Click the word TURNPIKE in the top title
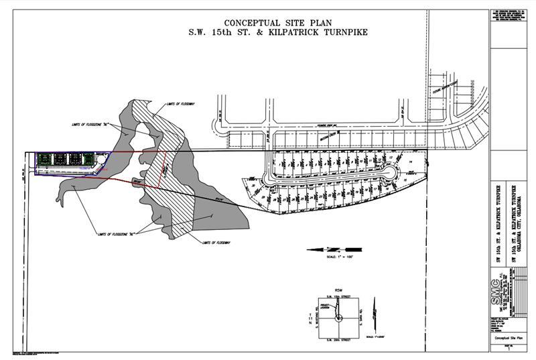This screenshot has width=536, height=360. [x=339, y=32]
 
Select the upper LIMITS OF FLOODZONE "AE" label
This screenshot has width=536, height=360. [x=88, y=125]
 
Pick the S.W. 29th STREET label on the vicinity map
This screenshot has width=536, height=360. [x=338, y=340]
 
